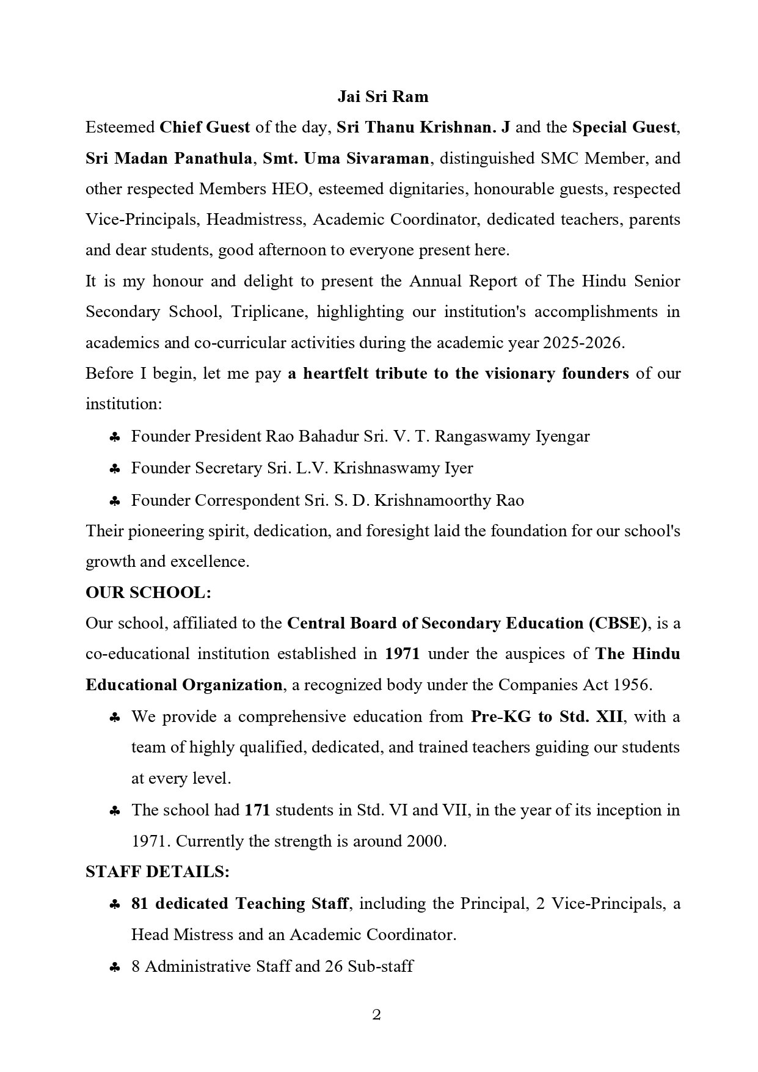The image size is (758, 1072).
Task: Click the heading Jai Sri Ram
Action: click(383, 97)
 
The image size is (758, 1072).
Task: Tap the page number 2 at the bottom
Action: click(376, 1015)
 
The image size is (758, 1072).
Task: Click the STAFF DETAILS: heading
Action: click(158, 872)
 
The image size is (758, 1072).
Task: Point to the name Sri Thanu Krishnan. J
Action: click(424, 128)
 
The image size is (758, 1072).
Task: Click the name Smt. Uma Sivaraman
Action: click(346, 158)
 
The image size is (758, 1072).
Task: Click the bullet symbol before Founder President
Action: click(114, 437)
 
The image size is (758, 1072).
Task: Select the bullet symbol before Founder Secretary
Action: click(114, 469)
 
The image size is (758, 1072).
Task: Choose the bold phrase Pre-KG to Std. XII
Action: click(547, 716)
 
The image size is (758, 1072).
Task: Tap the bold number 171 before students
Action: click(257, 811)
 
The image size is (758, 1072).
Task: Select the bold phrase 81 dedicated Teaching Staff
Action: click(240, 903)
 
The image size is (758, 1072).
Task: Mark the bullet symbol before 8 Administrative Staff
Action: click(114, 968)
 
